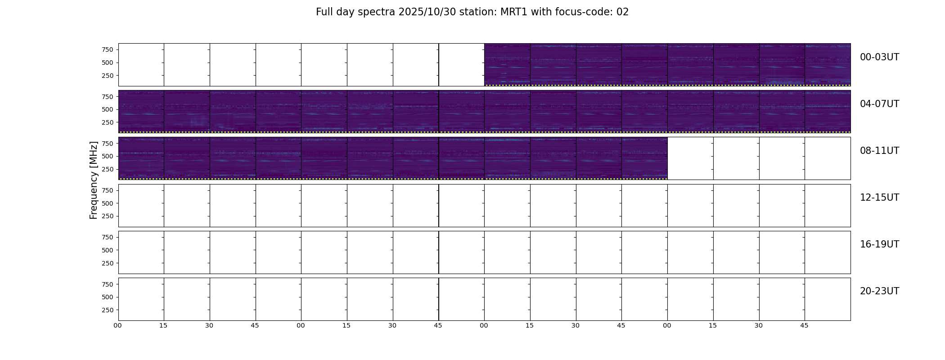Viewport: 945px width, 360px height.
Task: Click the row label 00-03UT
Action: click(x=879, y=57)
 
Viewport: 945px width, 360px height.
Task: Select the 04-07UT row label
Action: click(x=879, y=104)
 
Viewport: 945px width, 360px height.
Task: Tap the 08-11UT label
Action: click(x=879, y=151)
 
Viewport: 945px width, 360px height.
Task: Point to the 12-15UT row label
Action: click(x=879, y=198)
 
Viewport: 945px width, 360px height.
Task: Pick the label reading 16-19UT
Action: click(x=879, y=244)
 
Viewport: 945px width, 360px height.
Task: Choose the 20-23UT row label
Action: click(x=879, y=291)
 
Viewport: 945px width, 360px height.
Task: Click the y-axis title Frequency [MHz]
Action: click(x=94, y=180)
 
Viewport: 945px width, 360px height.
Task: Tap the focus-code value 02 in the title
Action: click(x=622, y=12)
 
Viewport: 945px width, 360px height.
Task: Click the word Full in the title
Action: click(x=324, y=12)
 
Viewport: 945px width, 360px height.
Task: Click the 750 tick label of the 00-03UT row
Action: click(x=107, y=49)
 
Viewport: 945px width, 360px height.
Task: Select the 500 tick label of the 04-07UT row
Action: click(x=107, y=109)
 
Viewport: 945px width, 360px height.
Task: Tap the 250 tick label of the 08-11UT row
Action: click(x=107, y=169)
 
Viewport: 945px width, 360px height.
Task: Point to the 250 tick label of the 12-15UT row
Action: click(x=107, y=216)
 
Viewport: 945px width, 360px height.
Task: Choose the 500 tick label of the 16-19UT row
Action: click(x=107, y=250)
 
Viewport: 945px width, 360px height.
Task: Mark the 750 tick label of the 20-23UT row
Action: click(x=107, y=284)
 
